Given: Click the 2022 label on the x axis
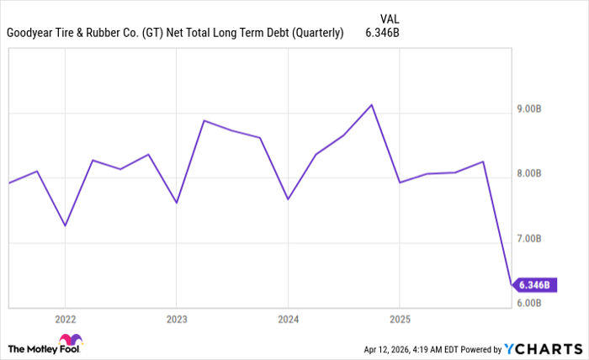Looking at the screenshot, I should tap(65, 320).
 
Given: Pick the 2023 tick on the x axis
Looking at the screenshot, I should tap(176, 320).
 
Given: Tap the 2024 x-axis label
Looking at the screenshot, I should tap(288, 320).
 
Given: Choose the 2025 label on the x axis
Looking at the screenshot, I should tap(399, 320).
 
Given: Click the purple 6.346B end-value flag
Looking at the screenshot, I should tap(533, 284).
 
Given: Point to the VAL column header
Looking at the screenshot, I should tap(390, 17).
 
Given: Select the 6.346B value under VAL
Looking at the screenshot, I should tap(382, 34).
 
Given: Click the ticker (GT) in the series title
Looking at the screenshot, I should tap(150, 34).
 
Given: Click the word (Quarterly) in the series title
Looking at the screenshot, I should tap(316, 34).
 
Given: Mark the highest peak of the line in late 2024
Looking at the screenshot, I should tap(372, 105).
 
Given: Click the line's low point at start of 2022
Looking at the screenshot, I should tap(65, 225).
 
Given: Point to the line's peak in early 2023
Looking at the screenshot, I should tap(204, 120).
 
